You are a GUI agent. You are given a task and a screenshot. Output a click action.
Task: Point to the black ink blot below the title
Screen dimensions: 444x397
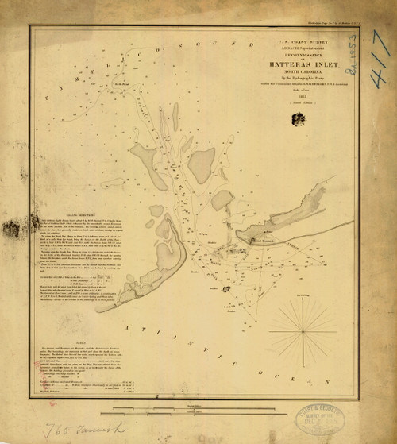(x=298, y=119)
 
